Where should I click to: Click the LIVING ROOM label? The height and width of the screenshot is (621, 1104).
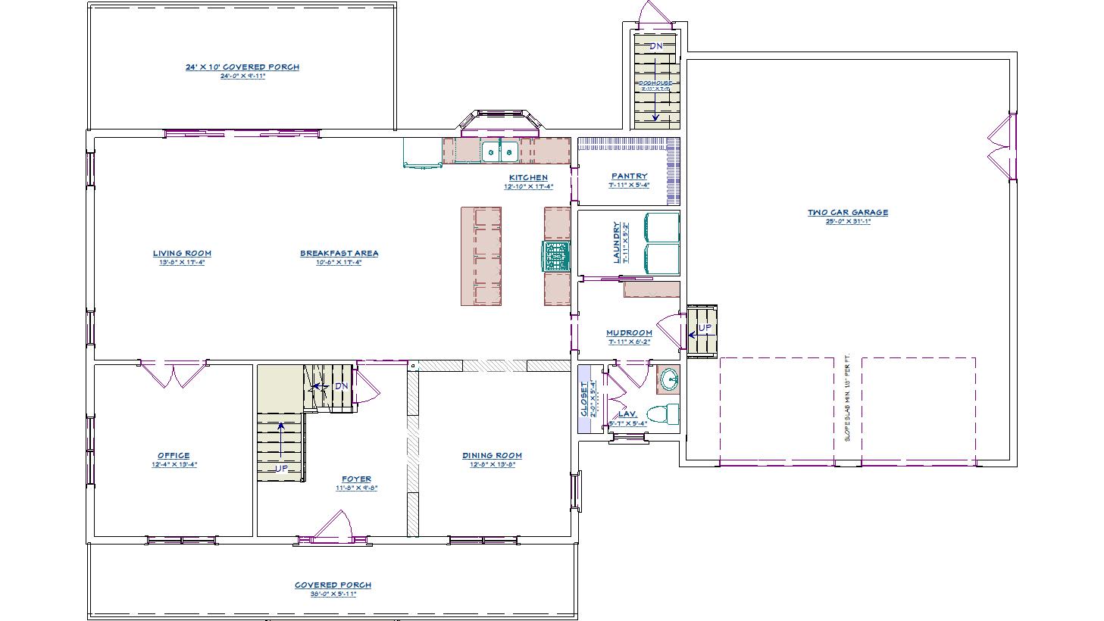182,254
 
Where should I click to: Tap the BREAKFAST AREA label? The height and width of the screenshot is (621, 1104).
339,254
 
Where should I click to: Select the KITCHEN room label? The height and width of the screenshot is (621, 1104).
528,178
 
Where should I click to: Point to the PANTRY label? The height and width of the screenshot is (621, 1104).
629,176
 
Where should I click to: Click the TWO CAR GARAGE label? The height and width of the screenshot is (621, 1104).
847,213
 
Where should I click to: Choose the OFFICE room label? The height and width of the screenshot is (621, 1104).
174,456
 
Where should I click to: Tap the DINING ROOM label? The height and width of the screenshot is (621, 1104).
492,456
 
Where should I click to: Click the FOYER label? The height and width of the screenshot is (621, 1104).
356,479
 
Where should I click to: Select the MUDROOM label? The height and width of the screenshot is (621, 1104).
629,333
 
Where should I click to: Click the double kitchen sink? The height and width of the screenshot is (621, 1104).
500,151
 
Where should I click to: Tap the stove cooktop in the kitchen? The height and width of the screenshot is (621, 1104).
556,256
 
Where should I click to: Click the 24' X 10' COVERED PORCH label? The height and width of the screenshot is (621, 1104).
242,67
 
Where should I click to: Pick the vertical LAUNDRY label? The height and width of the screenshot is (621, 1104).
617,242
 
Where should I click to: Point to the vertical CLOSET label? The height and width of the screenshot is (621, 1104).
583,399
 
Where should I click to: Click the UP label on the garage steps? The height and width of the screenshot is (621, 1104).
705,328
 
